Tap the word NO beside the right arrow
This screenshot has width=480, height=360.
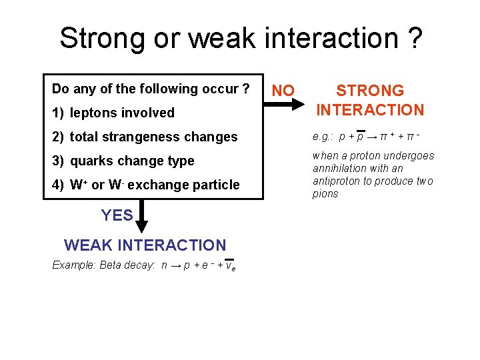[283, 91]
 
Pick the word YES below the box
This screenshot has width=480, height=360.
[117, 215]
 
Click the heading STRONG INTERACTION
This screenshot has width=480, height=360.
[370, 100]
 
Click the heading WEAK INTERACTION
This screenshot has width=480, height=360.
[145, 245]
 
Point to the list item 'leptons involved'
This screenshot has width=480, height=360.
[122, 113]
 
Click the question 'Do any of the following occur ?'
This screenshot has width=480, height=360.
[151, 89]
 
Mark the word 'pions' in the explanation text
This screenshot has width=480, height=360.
[325, 194]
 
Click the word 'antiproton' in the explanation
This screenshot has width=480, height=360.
[337, 181]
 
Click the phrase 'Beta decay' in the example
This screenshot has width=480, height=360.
[127, 265]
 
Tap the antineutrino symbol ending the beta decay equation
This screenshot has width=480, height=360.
[230, 266]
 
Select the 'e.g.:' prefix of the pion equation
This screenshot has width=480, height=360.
[323, 137]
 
